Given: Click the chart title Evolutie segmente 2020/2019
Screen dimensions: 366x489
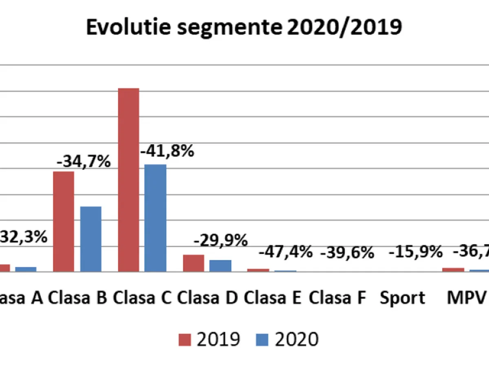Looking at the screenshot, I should pyautogui.click(x=244, y=27).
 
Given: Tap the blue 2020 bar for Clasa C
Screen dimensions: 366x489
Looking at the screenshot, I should pyautogui.click(x=155, y=218).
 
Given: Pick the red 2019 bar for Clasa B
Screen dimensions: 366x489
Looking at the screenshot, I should pyautogui.click(x=64, y=222).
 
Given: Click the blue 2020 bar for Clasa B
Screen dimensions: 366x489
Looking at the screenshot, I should pyautogui.click(x=90, y=239).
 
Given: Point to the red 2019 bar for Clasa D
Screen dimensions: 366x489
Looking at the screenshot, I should pyautogui.click(x=194, y=263).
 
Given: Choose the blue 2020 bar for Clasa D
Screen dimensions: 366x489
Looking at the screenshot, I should pyautogui.click(x=220, y=266).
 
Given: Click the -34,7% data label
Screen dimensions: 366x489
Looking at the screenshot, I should pyautogui.click(x=84, y=161).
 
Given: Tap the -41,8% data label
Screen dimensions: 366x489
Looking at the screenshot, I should pyautogui.click(x=167, y=152).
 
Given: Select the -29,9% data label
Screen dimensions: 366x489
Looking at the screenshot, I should pyautogui.click(x=220, y=241).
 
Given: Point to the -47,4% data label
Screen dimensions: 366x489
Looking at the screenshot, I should pyautogui.click(x=286, y=252).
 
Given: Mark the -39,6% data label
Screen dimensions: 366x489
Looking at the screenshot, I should pyautogui.click(x=347, y=253).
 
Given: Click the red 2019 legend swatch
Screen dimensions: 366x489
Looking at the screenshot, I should pyautogui.click(x=184, y=340).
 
